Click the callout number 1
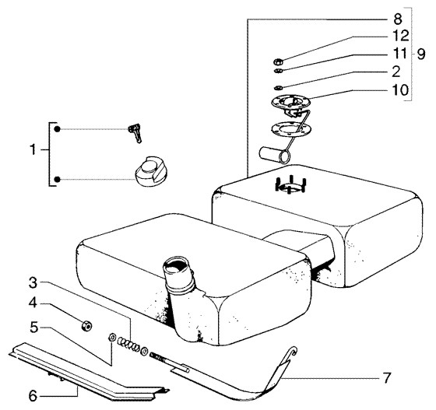coord(33,150)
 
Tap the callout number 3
coord(33,283)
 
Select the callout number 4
coord(33,303)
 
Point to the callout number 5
coord(34,328)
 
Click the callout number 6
coord(33,396)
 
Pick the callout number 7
coord(387,378)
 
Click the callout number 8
coord(398,19)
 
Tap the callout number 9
coord(421,54)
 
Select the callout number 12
coord(400,36)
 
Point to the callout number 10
coord(400,89)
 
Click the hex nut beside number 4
coord(86,326)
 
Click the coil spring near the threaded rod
coord(128,344)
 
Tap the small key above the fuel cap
coord(135,133)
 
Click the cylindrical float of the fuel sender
coord(274,156)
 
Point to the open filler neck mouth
coord(177,267)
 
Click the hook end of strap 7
coord(293,352)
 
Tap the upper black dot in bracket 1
coord(57,129)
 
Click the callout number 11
coord(400,54)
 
